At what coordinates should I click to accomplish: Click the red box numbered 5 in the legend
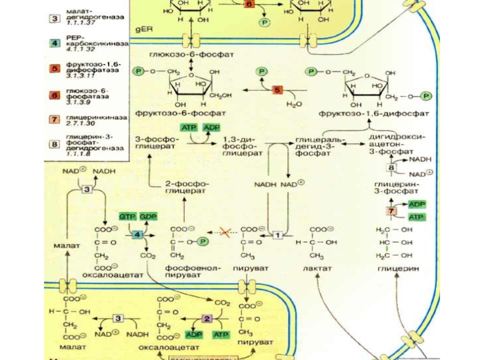[54, 68]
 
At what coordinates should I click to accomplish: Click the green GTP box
[127, 216]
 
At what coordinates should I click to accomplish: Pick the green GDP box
[148, 216]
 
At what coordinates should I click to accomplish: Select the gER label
[145, 28]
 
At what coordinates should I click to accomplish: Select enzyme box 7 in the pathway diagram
[392, 211]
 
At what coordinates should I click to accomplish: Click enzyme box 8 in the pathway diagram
[392, 168]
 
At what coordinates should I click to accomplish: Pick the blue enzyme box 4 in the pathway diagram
[138, 235]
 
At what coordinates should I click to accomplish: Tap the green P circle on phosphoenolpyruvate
[203, 241]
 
